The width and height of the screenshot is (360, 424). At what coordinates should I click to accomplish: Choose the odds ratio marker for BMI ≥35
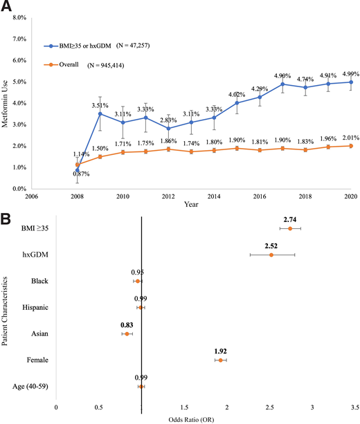click(x=290, y=228)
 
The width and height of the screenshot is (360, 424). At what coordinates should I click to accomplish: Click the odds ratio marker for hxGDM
click(x=271, y=255)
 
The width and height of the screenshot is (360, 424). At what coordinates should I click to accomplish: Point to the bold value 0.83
click(x=127, y=323)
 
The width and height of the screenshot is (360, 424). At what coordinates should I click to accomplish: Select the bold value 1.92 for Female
click(x=221, y=350)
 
